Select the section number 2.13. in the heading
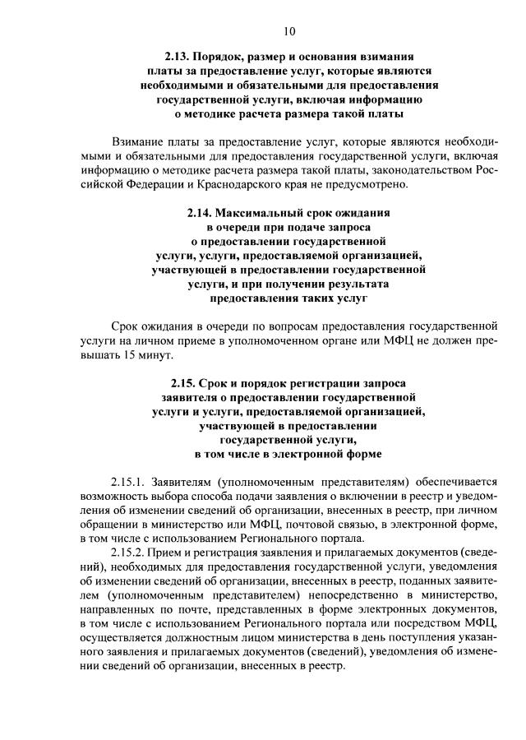(178, 56)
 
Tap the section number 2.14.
(201, 211)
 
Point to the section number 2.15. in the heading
(187, 382)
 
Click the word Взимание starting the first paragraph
(141, 141)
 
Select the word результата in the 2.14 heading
(358, 283)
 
